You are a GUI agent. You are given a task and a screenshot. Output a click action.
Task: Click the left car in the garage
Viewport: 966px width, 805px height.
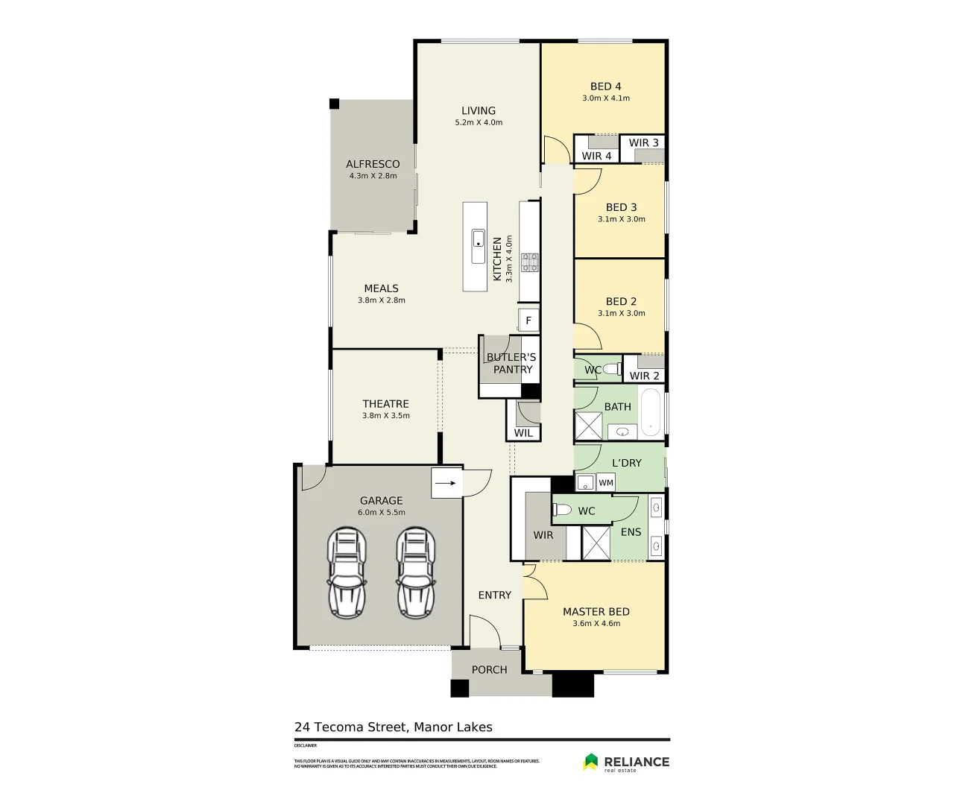pos(347,572)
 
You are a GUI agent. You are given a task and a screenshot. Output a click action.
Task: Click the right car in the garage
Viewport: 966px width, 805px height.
pos(415,572)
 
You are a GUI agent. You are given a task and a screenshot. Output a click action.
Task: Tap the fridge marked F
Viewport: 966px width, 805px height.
pos(528,321)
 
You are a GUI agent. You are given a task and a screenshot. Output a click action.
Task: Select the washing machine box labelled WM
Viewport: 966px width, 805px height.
pos(606,483)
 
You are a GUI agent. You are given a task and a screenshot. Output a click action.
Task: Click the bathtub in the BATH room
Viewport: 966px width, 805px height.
pos(651,411)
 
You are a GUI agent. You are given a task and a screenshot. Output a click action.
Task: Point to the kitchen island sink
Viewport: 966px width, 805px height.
pos(478,239)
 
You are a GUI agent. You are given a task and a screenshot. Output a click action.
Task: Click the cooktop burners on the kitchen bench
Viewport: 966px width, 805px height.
pos(530,262)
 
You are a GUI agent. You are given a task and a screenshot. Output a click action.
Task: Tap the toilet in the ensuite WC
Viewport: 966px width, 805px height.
pos(562,510)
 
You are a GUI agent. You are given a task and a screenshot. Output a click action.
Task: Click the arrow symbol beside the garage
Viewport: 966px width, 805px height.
pos(445,483)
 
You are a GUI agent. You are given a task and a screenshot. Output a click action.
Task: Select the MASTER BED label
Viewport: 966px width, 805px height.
pos(596,611)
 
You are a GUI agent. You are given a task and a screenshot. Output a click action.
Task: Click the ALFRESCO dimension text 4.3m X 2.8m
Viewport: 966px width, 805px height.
pos(373,176)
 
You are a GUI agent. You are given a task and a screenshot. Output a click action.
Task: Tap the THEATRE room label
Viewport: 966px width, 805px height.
pos(385,404)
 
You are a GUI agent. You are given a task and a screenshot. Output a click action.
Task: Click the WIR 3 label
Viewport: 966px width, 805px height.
pos(643,142)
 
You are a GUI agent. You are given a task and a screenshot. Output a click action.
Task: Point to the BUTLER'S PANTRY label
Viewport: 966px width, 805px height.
pos(511,363)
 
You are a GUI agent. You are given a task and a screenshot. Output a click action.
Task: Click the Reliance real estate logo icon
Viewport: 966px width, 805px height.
pos(590,761)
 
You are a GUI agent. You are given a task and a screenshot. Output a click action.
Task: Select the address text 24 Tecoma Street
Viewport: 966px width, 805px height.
pos(350,727)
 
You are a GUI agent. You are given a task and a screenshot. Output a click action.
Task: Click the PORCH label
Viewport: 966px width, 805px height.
pos(489,669)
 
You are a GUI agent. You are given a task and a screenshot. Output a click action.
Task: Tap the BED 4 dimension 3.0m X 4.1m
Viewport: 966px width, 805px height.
pos(605,98)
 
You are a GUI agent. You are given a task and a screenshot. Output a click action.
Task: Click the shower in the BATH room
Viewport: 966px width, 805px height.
pos(588,426)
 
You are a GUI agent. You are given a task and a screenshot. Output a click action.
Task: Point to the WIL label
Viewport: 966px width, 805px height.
pos(523,433)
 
